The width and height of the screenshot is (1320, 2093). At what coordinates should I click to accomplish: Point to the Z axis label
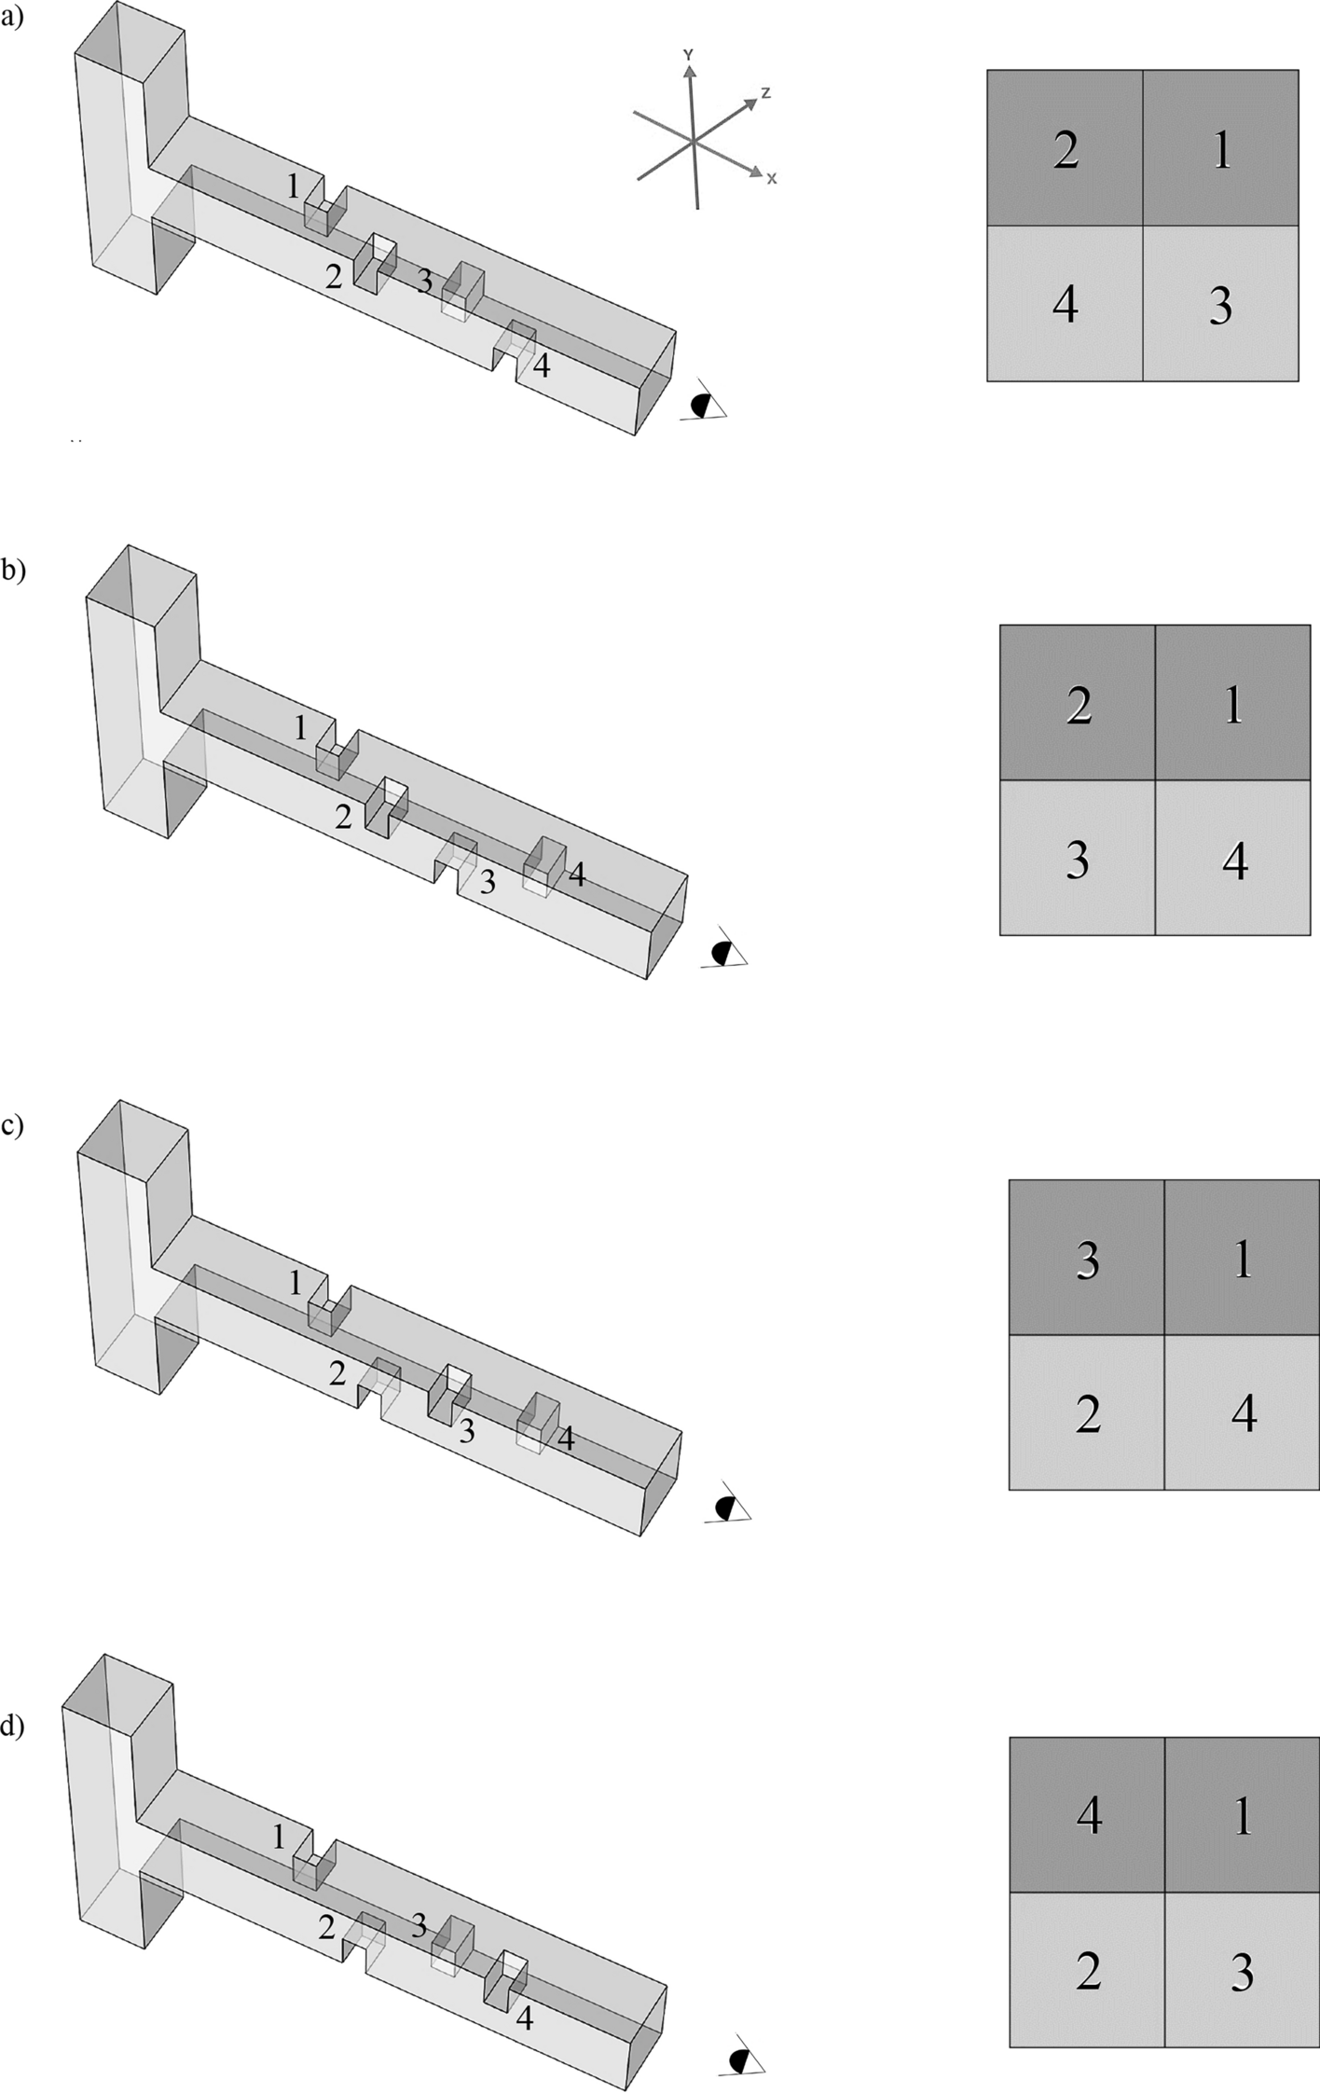click(764, 92)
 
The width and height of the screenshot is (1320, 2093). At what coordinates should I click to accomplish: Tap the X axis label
click(771, 178)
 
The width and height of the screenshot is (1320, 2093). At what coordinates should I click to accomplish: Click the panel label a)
click(12, 16)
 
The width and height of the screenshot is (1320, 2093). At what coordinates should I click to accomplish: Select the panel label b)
click(13, 570)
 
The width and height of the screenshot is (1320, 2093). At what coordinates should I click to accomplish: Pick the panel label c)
click(12, 1125)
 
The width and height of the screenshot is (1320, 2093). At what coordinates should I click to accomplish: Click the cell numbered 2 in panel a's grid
click(1066, 148)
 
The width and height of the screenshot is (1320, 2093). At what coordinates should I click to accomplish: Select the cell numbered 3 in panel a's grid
click(1220, 304)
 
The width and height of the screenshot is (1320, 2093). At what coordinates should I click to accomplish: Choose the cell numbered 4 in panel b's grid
click(1233, 859)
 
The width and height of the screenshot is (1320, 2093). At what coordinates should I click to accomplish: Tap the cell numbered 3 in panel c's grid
click(1087, 1259)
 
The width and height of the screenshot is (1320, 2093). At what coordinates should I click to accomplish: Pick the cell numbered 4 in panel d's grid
click(1088, 1813)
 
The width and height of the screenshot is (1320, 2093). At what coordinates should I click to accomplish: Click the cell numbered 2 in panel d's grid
click(1088, 1969)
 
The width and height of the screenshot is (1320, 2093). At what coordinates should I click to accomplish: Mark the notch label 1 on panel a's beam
click(293, 187)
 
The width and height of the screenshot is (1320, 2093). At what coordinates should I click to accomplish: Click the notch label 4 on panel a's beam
click(541, 365)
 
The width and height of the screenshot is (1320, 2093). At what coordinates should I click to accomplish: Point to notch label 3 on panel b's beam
click(487, 882)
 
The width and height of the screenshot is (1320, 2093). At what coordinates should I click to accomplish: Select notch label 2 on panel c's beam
click(337, 1372)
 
